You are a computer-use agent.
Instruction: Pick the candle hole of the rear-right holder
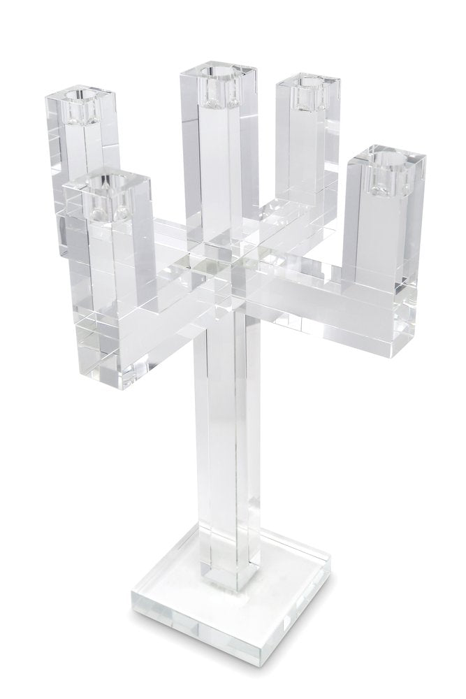pyautogui.click(x=303, y=87)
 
